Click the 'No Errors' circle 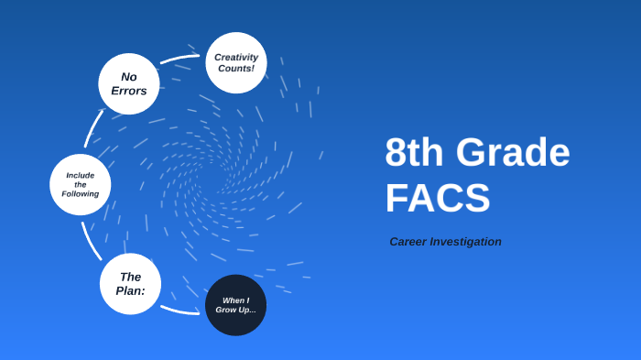[129, 83]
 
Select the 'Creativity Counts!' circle [236, 62]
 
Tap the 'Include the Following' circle [81, 184]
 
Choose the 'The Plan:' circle [130, 284]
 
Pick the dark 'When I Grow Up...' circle [235, 305]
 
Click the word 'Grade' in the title [513, 153]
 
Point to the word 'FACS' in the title [438, 199]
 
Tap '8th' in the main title [414, 153]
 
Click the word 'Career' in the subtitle [408, 242]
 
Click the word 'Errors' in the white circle [129, 91]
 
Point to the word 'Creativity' [236, 57]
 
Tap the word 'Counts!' [236, 69]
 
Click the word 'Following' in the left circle [81, 194]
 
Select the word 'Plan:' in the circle [130, 291]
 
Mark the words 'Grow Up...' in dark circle [235, 311]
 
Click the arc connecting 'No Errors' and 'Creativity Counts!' [179, 59]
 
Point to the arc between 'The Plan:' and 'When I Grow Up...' [179, 311]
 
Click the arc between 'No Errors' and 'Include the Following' [92, 127]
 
